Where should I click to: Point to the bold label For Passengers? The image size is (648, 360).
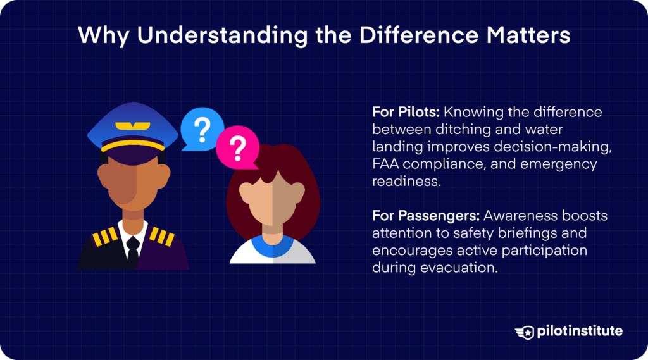click(425, 216)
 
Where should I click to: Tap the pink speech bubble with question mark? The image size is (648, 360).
click(237, 149)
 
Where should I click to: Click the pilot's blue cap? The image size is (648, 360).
click(133, 123)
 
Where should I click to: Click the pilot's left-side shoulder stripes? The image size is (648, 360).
click(104, 237)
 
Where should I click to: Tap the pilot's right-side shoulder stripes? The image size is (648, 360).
click(161, 237)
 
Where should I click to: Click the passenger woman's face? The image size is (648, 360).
click(273, 202)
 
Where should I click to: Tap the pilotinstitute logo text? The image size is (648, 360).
click(580, 332)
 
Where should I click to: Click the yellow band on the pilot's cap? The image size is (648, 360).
click(133, 145)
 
